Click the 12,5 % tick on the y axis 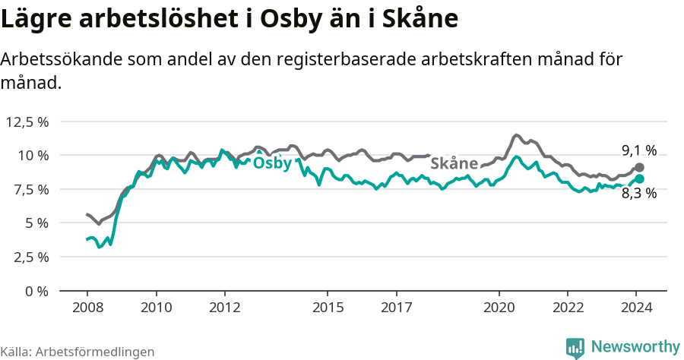tap(27, 122)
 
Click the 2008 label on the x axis tap(87, 308)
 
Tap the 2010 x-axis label tap(156, 308)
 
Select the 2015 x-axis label tap(328, 308)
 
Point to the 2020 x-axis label tap(499, 308)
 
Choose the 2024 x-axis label tap(637, 308)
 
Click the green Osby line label tap(272, 163)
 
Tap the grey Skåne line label tap(454, 163)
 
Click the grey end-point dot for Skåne tap(639, 167)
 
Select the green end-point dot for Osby tap(639, 178)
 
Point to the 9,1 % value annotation tap(638, 150)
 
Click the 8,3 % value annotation tap(638, 194)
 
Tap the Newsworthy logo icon tap(575, 348)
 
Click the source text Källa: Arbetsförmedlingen tap(78, 352)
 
